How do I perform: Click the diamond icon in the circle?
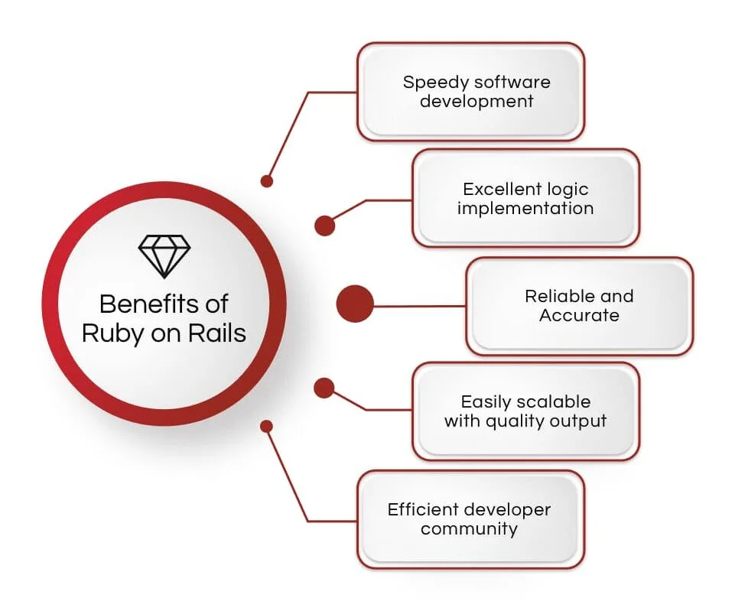coord(164,255)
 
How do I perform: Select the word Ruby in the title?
coord(112,333)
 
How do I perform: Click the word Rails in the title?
coord(217,333)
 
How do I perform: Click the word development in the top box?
coord(477,101)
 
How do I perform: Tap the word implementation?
coord(525,209)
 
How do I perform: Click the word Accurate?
coord(579,316)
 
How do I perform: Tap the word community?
coord(469,529)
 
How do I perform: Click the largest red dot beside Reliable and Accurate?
coord(355,304)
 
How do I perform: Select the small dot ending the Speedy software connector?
coord(266,181)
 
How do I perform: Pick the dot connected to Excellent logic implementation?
coord(325,226)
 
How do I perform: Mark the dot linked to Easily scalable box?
coord(324,388)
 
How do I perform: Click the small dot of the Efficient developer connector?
coord(266,426)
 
